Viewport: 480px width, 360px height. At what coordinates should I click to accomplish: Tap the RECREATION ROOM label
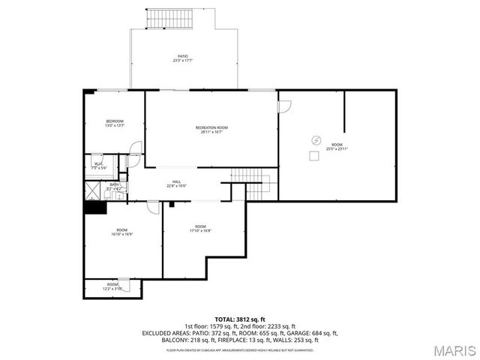point(211,128)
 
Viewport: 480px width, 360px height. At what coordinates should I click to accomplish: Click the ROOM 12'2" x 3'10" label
point(112,285)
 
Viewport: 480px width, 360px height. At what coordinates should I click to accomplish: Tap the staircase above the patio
point(163,19)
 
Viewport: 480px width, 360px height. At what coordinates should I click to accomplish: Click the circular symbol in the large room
point(316,139)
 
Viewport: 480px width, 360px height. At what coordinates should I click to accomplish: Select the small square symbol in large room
point(312,155)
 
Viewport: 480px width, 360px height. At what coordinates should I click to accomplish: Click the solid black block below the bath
point(94,208)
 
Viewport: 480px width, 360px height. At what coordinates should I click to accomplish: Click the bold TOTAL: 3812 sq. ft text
point(240,319)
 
